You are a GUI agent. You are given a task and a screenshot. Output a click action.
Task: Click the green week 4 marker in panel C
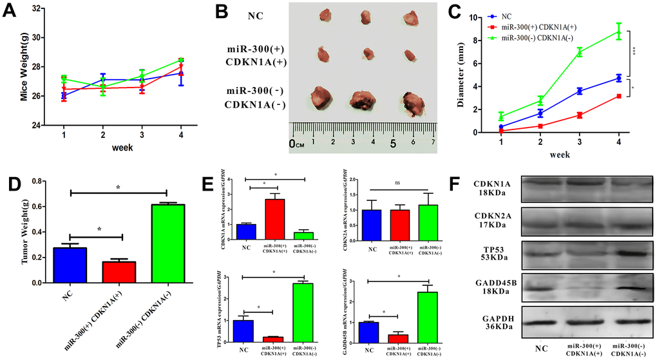point(618,31)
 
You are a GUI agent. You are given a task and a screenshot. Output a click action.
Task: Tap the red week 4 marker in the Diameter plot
point(618,96)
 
